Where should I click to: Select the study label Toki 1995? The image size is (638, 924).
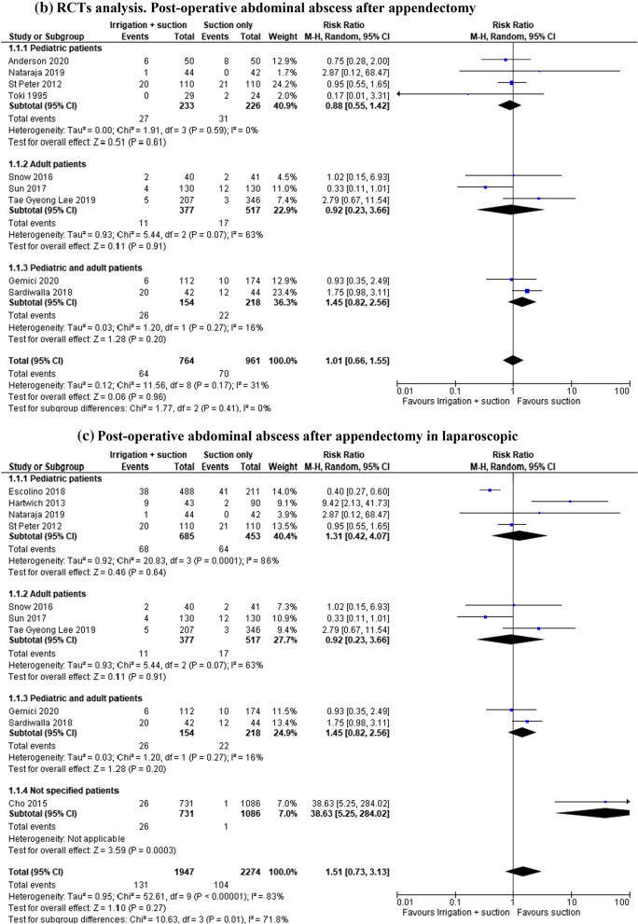point(26,94)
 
